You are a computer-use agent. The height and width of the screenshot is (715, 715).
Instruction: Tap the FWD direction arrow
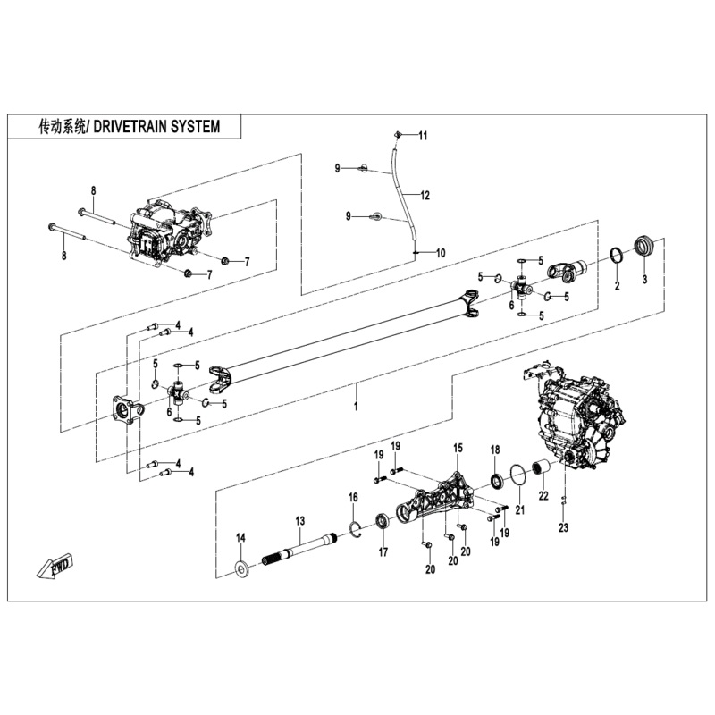(55, 567)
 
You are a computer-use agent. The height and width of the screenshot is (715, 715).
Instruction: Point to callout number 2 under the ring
(616, 286)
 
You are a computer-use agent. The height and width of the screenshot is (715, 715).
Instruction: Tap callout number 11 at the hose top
(424, 136)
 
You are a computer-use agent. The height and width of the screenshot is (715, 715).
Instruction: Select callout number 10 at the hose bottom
(440, 253)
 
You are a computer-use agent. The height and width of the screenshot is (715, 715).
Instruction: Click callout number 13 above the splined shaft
(300, 519)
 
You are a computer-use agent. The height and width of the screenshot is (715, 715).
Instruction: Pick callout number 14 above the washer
(240, 537)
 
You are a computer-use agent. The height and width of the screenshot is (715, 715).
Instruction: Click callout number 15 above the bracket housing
(458, 447)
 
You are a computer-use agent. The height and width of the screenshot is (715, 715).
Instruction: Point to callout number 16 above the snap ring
(354, 497)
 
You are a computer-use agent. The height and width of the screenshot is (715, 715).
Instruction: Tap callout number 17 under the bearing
(383, 552)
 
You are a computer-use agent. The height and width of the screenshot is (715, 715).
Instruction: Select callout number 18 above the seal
(494, 449)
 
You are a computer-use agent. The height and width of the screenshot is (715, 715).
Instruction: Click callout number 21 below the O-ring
(518, 510)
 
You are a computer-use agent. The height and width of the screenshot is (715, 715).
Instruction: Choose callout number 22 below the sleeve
(543, 496)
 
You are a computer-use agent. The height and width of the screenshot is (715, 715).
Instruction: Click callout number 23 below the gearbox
(564, 527)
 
